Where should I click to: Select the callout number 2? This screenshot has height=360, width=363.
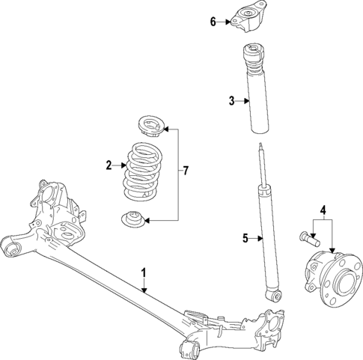[x=109, y=165]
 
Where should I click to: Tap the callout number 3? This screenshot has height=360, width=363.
[x=232, y=100]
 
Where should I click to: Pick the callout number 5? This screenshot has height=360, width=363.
[x=244, y=240]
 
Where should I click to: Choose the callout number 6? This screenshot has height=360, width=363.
[x=213, y=22]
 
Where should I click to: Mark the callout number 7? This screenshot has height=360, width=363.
[x=185, y=171]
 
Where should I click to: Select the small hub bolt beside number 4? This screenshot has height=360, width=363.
[x=311, y=240]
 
